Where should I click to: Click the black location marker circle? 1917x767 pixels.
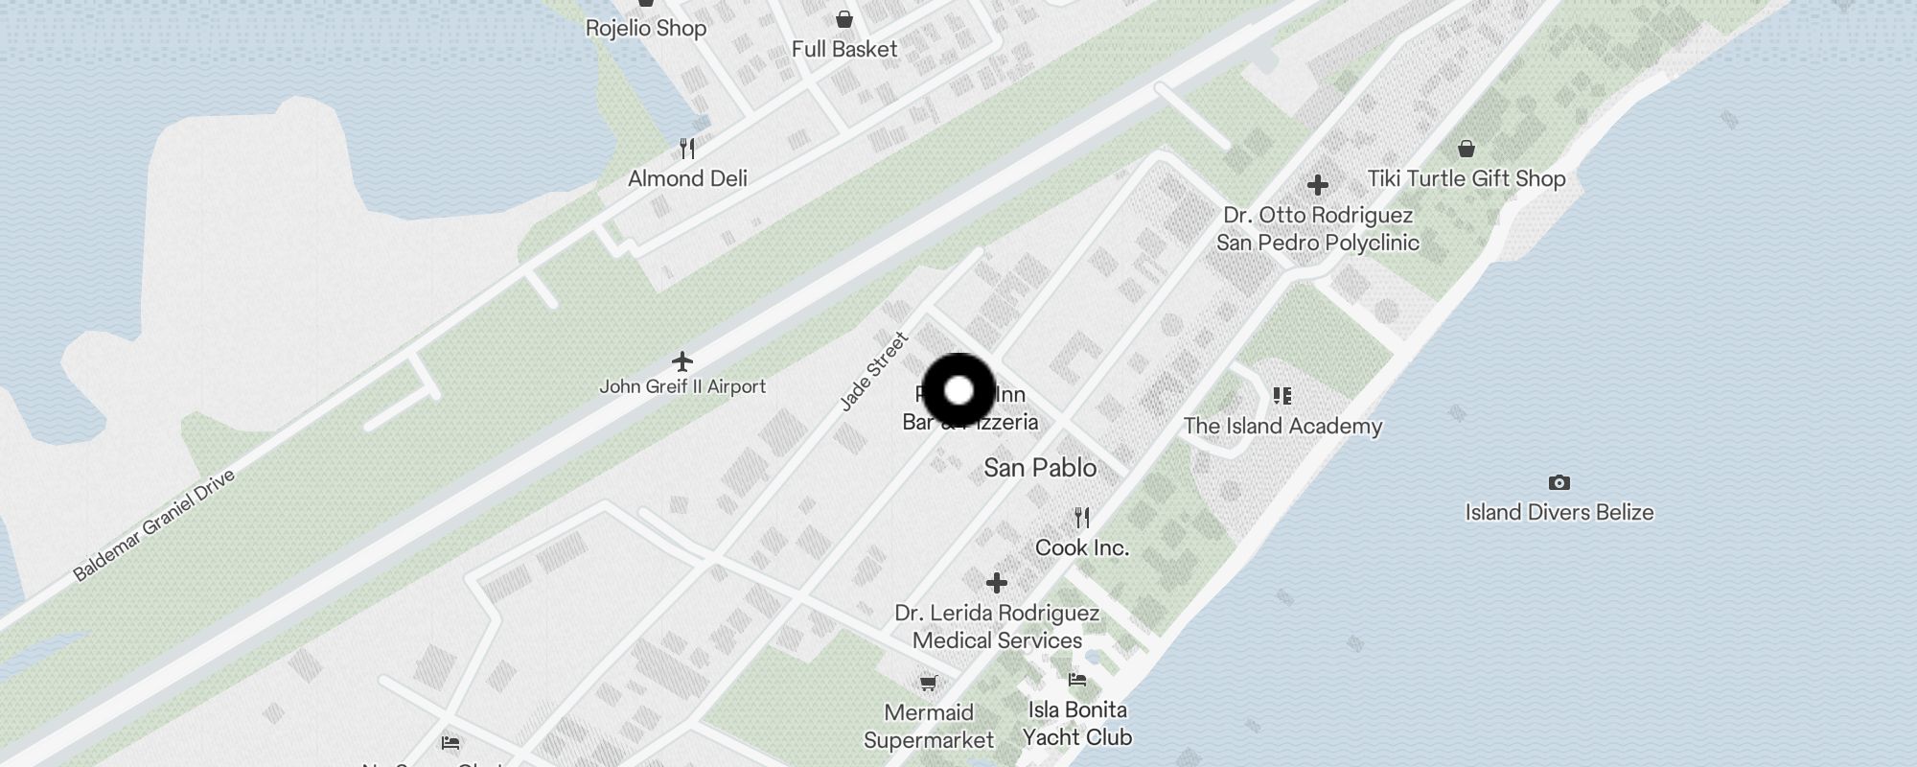[x=958, y=391]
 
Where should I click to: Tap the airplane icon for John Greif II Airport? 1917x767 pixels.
[x=681, y=361]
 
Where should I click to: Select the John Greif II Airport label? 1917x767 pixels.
[x=682, y=386]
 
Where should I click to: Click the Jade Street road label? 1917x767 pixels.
[x=873, y=372]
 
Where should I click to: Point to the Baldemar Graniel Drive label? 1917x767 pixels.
[x=153, y=525]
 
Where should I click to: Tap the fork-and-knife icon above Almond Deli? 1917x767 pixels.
[x=687, y=149]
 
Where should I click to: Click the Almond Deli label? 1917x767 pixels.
[x=687, y=178]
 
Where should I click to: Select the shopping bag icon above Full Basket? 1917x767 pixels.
[x=844, y=19]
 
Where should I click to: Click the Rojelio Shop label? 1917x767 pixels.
[x=646, y=28]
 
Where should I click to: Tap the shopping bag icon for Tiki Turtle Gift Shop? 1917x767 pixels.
[x=1466, y=149]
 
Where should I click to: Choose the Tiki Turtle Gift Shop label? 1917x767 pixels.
[x=1466, y=178]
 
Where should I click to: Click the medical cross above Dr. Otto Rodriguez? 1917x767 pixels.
[x=1318, y=184]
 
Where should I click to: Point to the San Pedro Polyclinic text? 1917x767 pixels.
[x=1318, y=243]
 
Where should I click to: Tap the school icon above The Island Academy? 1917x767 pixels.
[x=1282, y=395]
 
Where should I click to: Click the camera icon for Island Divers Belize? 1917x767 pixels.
[x=1559, y=482]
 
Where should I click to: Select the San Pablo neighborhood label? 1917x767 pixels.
[x=1040, y=468]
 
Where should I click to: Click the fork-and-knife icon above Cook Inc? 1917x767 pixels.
[x=1082, y=518]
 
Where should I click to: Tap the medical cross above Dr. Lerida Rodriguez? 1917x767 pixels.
[x=997, y=582]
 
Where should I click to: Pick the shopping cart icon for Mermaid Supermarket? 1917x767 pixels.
[x=928, y=683]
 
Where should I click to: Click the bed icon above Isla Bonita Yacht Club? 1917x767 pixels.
[x=1077, y=680]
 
